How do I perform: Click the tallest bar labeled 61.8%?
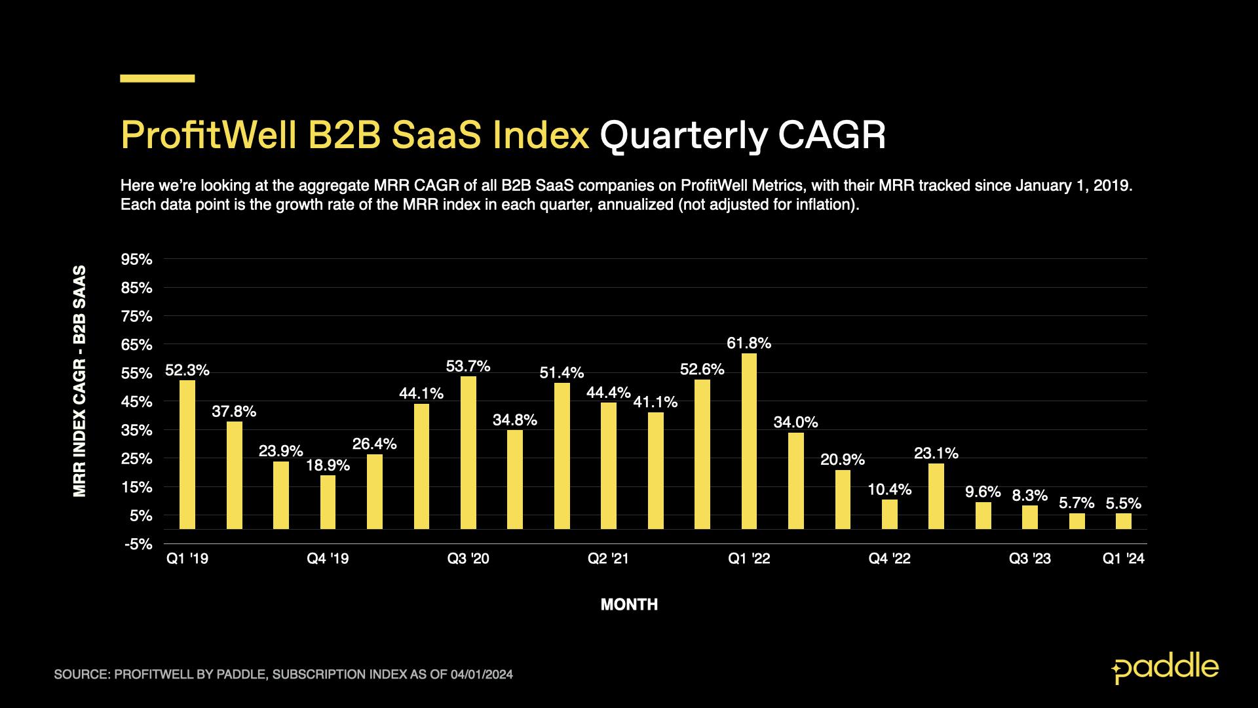(x=749, y=441)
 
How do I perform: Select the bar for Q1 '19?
(x=187, y=454)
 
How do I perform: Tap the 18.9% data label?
(x=328, y=465)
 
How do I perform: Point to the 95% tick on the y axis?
(x=136, y=260)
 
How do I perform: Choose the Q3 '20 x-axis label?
(x=468, y=559)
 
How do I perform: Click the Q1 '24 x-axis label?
(x=1123, y=559)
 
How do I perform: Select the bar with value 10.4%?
(x=889, y=514)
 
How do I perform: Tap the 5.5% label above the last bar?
(x=1123, y=503)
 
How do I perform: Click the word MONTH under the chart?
(x=629, y=604)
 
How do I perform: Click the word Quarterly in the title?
(x=683, y=136)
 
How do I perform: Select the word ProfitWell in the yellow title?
(x=208, y=136)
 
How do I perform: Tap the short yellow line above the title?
(x=157, y=79)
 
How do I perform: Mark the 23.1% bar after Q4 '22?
(x=936, y=496)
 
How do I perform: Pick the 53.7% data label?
(x=468, y=366)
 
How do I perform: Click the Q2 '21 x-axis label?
(x=608, y=559)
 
